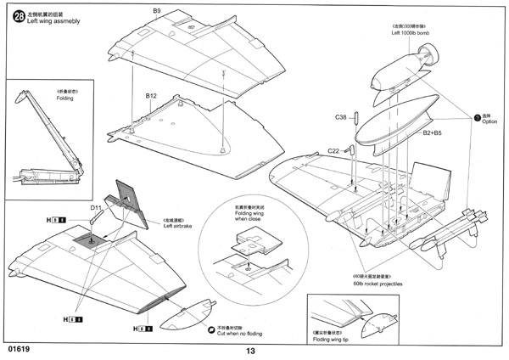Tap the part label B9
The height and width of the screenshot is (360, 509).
156,10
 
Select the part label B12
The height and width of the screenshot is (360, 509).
151,96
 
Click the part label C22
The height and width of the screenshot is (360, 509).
336,150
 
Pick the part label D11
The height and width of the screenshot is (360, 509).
97,206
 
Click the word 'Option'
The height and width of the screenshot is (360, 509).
491,122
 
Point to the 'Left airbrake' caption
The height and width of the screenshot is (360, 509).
179,225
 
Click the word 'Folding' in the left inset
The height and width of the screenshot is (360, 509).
42,98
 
